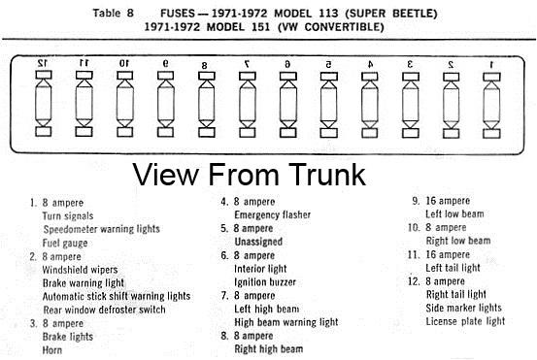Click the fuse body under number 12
pos(44,103)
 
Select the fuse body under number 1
pos(491,105)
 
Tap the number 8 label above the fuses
pos(204,65)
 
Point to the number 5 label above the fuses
pos(328,64)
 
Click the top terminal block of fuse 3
pos(411,77)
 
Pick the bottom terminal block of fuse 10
pos(124,132)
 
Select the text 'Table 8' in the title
pos(113,13)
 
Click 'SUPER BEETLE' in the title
pos(391,14)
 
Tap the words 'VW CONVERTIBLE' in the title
pos(331,27)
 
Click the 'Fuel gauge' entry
pos(65,244)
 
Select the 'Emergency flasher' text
pos(273,214)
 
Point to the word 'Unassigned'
pos(258,242)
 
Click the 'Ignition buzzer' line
pos(265,282)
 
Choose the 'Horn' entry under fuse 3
pos(52,350)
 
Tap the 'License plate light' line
pos(465,321)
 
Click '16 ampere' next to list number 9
pos(448,201)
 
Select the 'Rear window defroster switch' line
pos(104,310)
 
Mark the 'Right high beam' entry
pos(269,349)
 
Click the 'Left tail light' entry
pos(453,268)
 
